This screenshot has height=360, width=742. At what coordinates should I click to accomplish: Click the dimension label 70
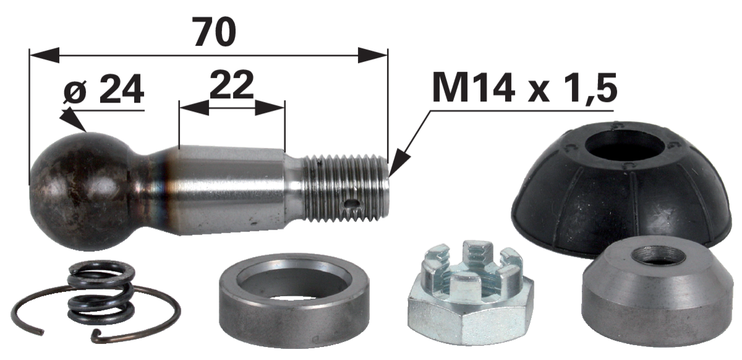point(215,32)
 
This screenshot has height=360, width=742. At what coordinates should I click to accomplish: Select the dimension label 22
point(231,84)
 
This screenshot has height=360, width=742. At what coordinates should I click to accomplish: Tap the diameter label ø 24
point(104,89)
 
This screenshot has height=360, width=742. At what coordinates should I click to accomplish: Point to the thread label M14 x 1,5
point(524,88)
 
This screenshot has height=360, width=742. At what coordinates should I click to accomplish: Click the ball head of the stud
point(79,191)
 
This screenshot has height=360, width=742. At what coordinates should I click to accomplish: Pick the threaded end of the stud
point(346,188)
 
